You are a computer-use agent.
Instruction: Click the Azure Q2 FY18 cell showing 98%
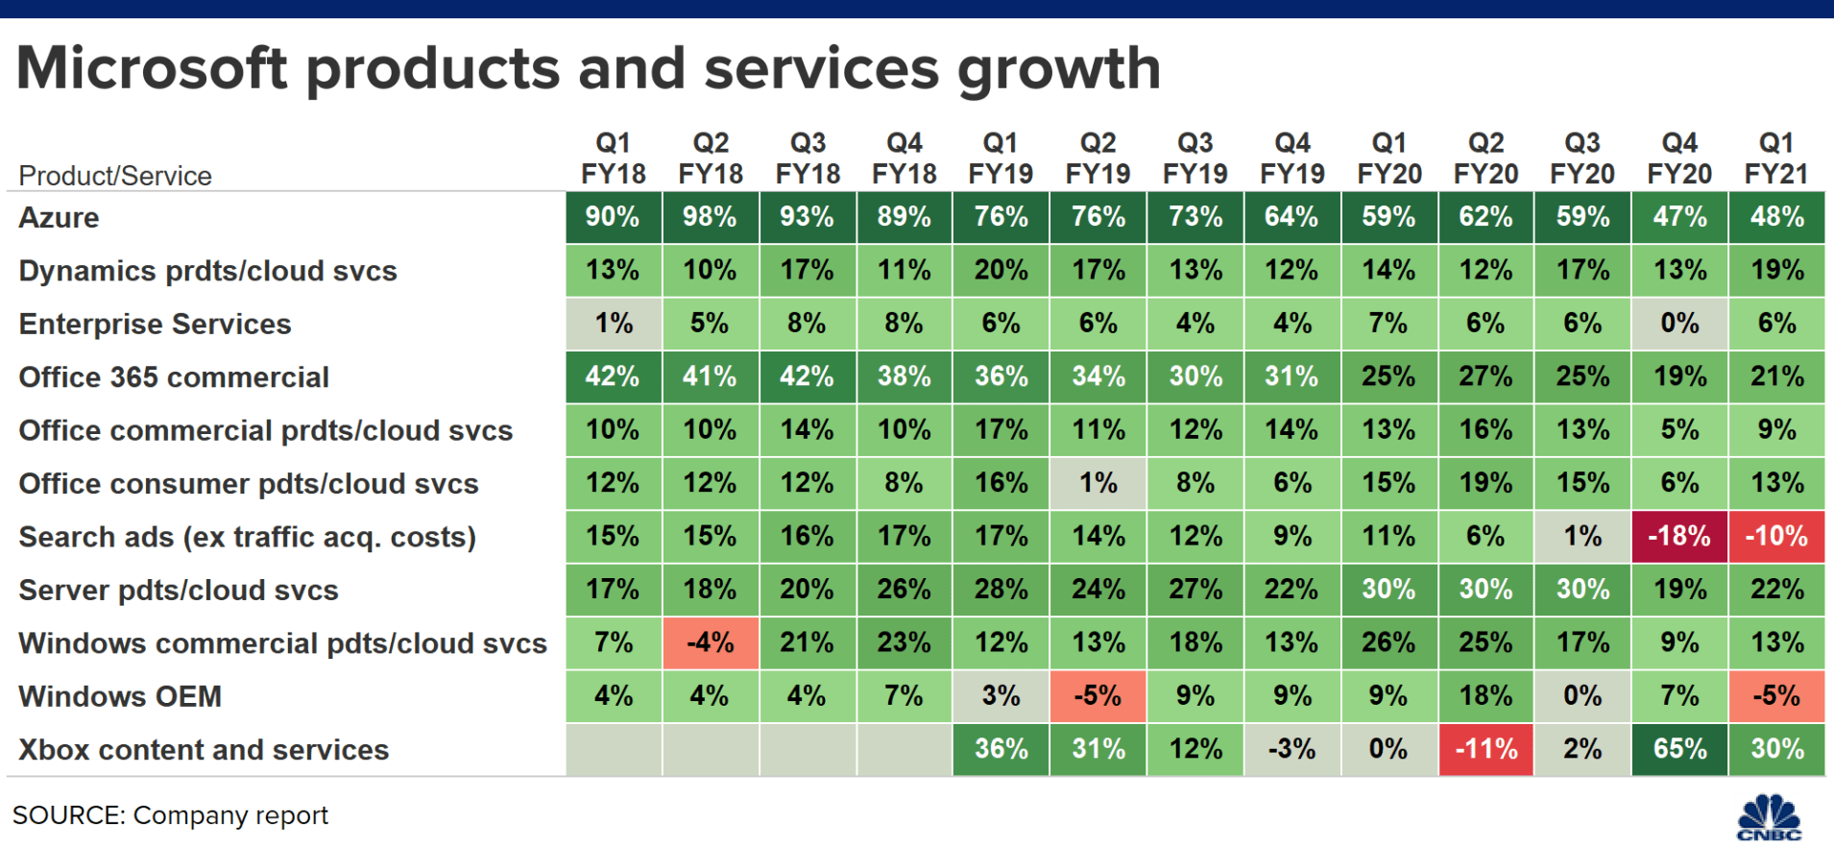[710, 217]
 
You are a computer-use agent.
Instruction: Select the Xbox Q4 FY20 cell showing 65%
[1679, 749]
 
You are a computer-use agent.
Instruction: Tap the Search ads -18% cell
[1679, 536]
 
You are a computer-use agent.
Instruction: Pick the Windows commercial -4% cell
[710, 642]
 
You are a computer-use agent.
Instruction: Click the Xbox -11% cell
[1485, 749]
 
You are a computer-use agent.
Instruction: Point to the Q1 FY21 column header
[1776, 158]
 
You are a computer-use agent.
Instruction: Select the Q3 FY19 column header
[1195, 158]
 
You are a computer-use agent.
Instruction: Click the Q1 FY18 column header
[613, 158]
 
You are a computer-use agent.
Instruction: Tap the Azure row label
[59, 218]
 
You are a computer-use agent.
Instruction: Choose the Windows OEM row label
[120, 696]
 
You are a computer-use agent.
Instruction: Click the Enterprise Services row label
[155, 325]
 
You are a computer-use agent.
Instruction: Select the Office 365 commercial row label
[174, 377]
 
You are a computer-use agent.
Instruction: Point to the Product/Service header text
[115, 176]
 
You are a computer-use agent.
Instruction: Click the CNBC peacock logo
[1769, 817]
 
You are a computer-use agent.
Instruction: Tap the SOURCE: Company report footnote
[170, 815]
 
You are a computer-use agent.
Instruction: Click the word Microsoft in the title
[152, 69]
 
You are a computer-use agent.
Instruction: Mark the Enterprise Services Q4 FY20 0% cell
[1679, 324]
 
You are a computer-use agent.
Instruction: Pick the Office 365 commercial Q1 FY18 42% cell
[613, 376]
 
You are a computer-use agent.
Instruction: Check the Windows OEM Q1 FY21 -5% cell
[1776, 695]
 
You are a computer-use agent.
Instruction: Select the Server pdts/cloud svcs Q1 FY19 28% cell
[1001, 590]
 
